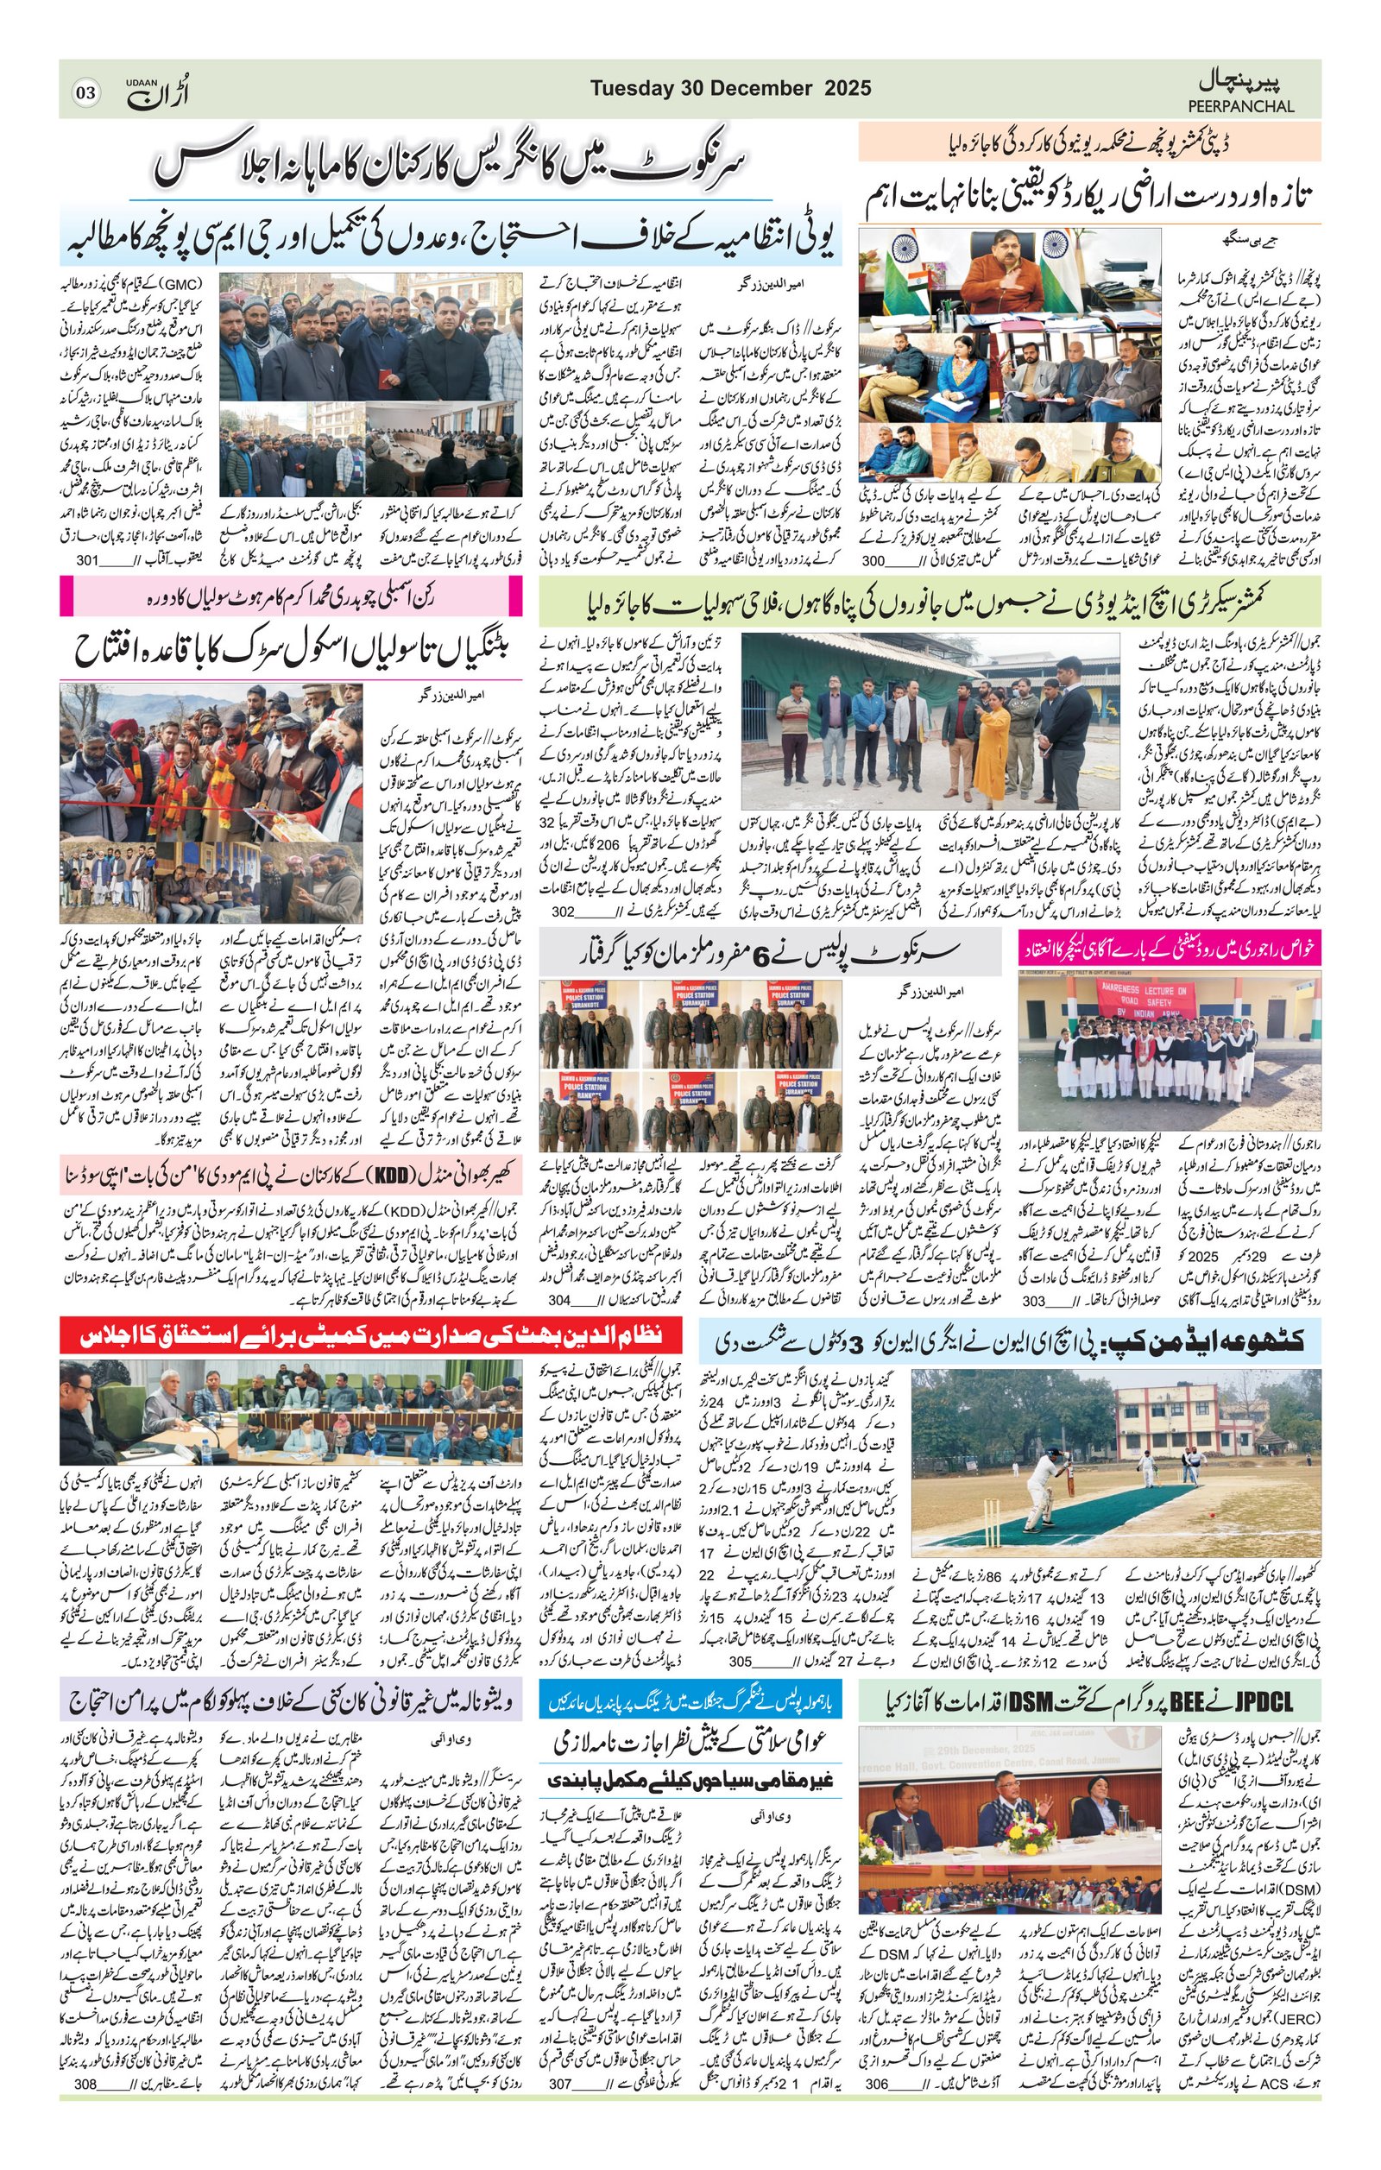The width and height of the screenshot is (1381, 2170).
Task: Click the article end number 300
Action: pos(873,560)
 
